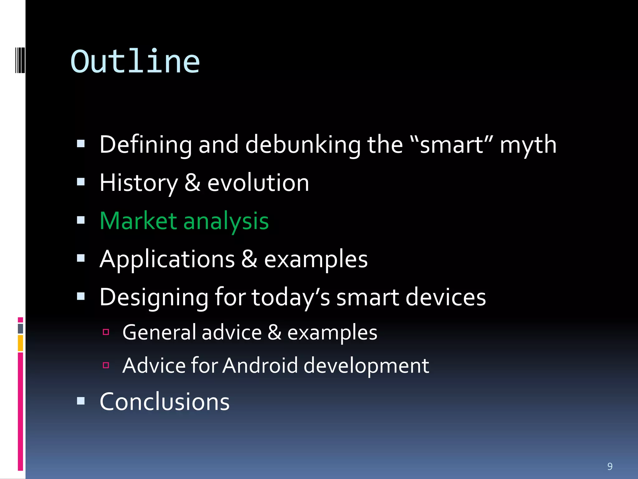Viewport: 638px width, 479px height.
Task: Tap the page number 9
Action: coord(610,467)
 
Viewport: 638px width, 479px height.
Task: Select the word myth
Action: coord(528,145)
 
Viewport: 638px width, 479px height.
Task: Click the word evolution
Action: coord(258,183)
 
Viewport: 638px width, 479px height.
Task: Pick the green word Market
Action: coord(138,221)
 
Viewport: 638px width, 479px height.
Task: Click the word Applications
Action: coord(167,259)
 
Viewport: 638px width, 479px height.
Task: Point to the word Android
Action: coord(260,365)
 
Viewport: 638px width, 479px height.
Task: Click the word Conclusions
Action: coord(164,402)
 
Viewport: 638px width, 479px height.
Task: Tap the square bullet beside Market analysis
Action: coord(81,220)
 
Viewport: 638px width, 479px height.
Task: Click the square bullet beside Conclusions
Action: coord(81,401)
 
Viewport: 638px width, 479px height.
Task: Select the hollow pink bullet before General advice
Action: coord(106,332)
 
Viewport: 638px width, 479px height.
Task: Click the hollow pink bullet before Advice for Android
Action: coord(106,365)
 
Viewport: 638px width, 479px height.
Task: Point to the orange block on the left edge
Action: coord(20,343)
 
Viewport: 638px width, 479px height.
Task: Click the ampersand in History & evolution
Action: coord(192,183)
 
